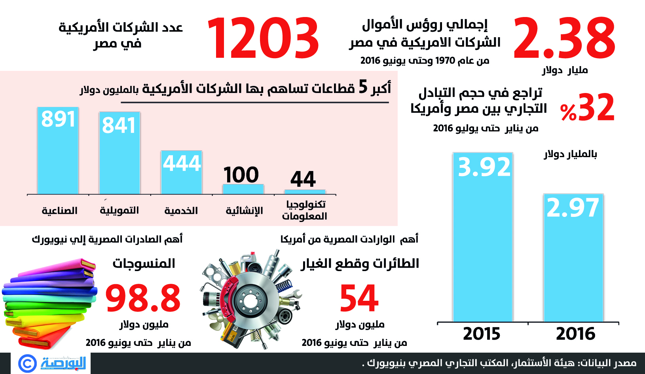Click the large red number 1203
pyautogui.click(x=263, y=39)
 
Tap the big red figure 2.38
pyautogui.click(x=564, y=39)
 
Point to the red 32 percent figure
pyautogui.click(x=588, y=108)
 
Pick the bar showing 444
pyautogui.click(x=181, y=173)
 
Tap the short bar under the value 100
pyautogui.click(x=243, y=189)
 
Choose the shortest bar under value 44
pyautogui.click(x=305, y=192)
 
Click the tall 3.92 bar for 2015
pyautogui.click(x=483, y=237)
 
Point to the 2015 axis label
pyautogui.click(x=482, y=334)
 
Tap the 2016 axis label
pyautogui.click(x=576, y=334)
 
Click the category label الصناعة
pyautogui.click(x=60, y=211)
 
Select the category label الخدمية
pyautogui.click(x=181, y=211)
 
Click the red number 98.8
pyautogui.click(x=143, y=298)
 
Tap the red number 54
pyautogui.click(x=359, y=298)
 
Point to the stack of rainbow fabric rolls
pyautogui.click(x=49, y=303)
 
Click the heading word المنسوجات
pyautogui.click(x=144, y=264)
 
